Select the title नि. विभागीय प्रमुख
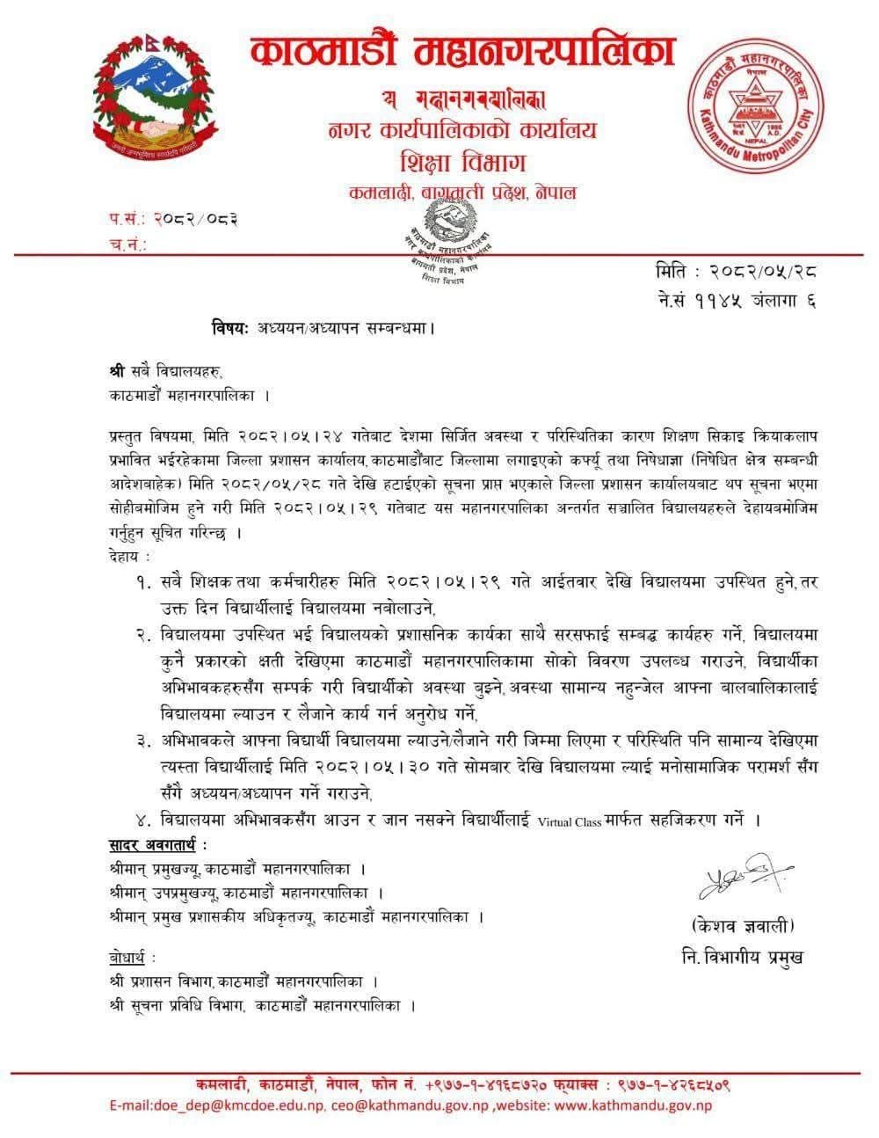[743, 955]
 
